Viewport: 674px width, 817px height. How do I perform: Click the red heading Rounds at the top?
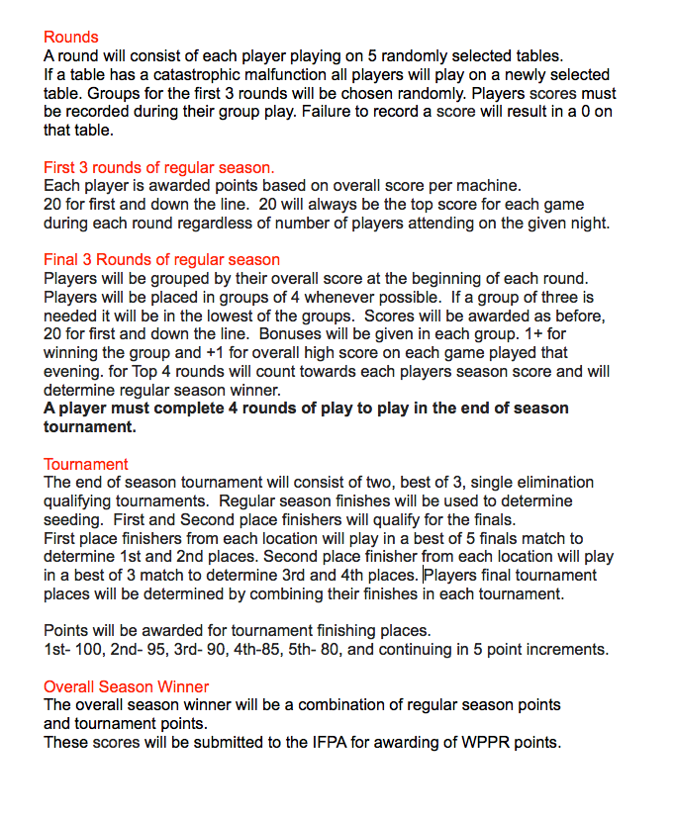(71, 37)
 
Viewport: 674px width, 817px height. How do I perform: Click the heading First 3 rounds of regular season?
(159, 167)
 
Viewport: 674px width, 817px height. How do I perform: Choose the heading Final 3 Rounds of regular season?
(161, 260)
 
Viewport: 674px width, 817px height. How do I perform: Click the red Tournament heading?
(86, 464)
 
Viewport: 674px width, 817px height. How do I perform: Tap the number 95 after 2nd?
(155, 650)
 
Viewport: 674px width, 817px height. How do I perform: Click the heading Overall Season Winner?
(126, 686)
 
